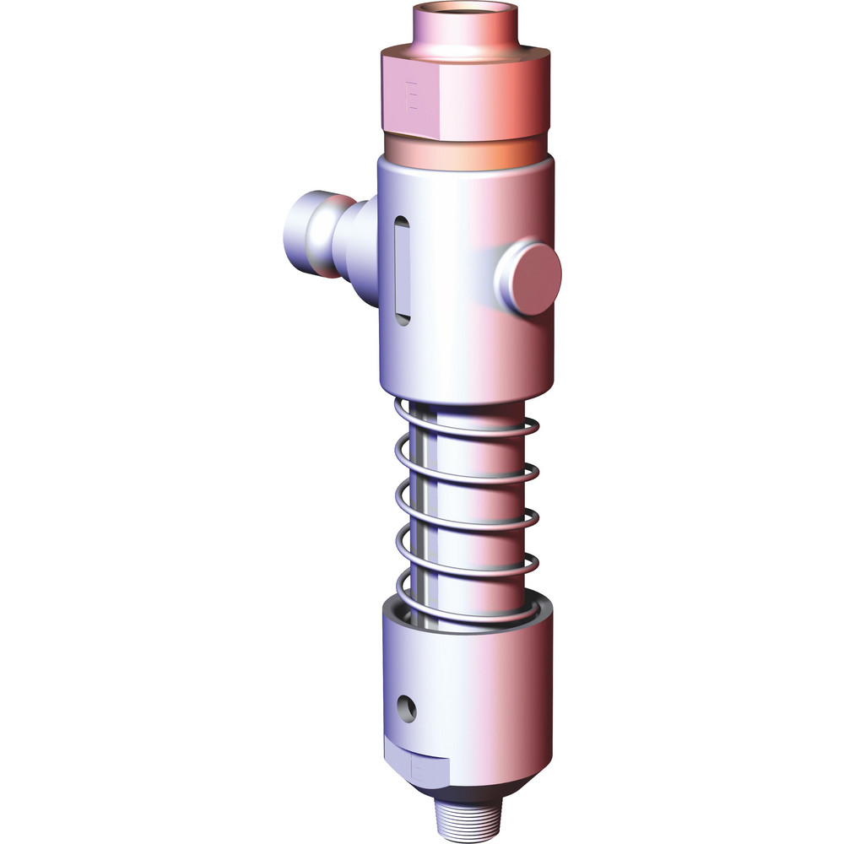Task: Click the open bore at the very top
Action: [464, 12]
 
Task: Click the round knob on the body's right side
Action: [529, 278]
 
